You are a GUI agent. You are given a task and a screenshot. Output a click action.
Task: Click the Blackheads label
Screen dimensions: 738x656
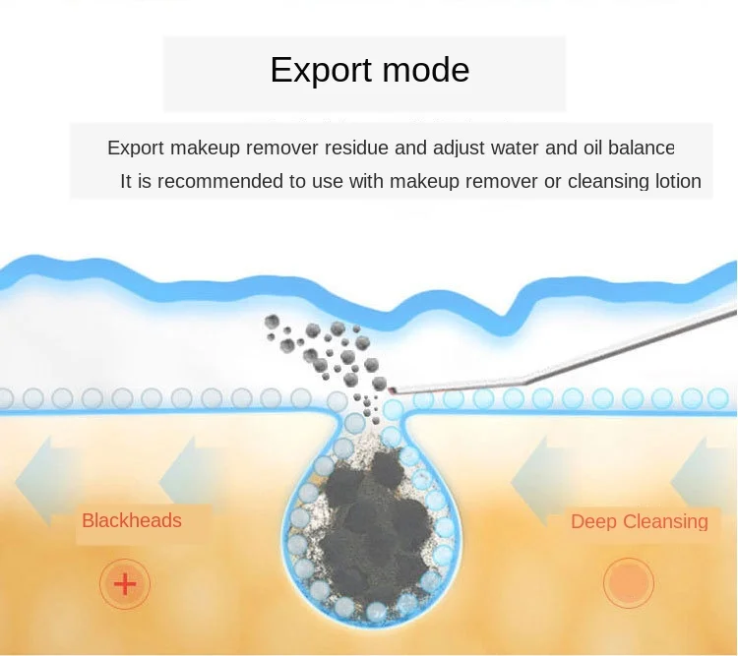(x=132, y=520)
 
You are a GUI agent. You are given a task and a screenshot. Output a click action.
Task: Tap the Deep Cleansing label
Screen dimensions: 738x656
(x=639, y=521)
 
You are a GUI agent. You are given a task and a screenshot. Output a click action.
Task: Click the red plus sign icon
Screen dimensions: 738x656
(x=125, y=585)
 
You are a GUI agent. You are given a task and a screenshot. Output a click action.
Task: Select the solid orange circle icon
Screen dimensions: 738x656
(x=629, y=584)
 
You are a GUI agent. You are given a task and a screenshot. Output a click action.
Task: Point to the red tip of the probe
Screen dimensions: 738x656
(x=394, y=390)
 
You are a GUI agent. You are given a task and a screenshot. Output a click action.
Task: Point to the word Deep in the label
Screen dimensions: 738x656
(x=593, y=521)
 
